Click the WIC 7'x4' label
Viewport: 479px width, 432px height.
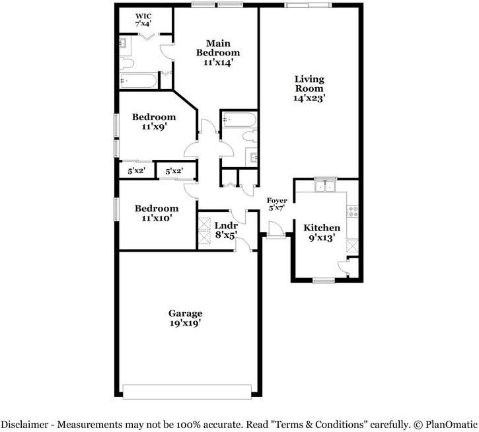pos(143,20)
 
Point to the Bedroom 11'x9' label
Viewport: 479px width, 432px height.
pos(153,122)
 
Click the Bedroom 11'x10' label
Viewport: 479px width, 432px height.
pos(157,213)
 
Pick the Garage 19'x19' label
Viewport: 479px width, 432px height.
pos(185,318)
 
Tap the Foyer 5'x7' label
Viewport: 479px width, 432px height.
pos(277,204)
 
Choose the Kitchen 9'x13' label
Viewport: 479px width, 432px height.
pos(321,233)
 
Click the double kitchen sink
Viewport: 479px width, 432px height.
pos(325,186)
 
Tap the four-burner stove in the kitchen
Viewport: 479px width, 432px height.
pos(352,211)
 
